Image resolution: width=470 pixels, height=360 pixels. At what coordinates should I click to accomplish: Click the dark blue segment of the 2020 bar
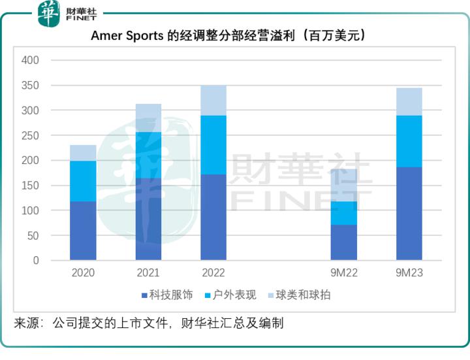(83, 231)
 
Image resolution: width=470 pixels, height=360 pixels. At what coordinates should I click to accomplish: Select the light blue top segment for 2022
(213, 100)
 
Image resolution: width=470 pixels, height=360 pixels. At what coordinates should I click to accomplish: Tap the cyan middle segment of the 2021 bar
(148, 155)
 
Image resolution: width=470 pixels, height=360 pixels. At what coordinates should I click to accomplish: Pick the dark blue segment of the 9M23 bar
(409, 214)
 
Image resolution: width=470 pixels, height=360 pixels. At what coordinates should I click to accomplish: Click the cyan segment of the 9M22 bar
(343, 213)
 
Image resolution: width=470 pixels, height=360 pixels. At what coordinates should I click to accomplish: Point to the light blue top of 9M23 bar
(409, 101)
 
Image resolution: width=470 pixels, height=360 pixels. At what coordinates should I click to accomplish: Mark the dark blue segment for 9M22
(343, 242)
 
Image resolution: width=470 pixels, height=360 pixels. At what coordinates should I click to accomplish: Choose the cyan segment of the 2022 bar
(213, 145)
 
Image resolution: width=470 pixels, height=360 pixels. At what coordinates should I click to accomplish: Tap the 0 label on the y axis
(36, 261)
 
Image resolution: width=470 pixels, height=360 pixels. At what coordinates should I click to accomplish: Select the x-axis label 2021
(148, 273)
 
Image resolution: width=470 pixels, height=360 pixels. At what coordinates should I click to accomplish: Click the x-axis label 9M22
(343, 273)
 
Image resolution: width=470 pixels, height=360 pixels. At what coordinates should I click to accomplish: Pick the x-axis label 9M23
(409, 273)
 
